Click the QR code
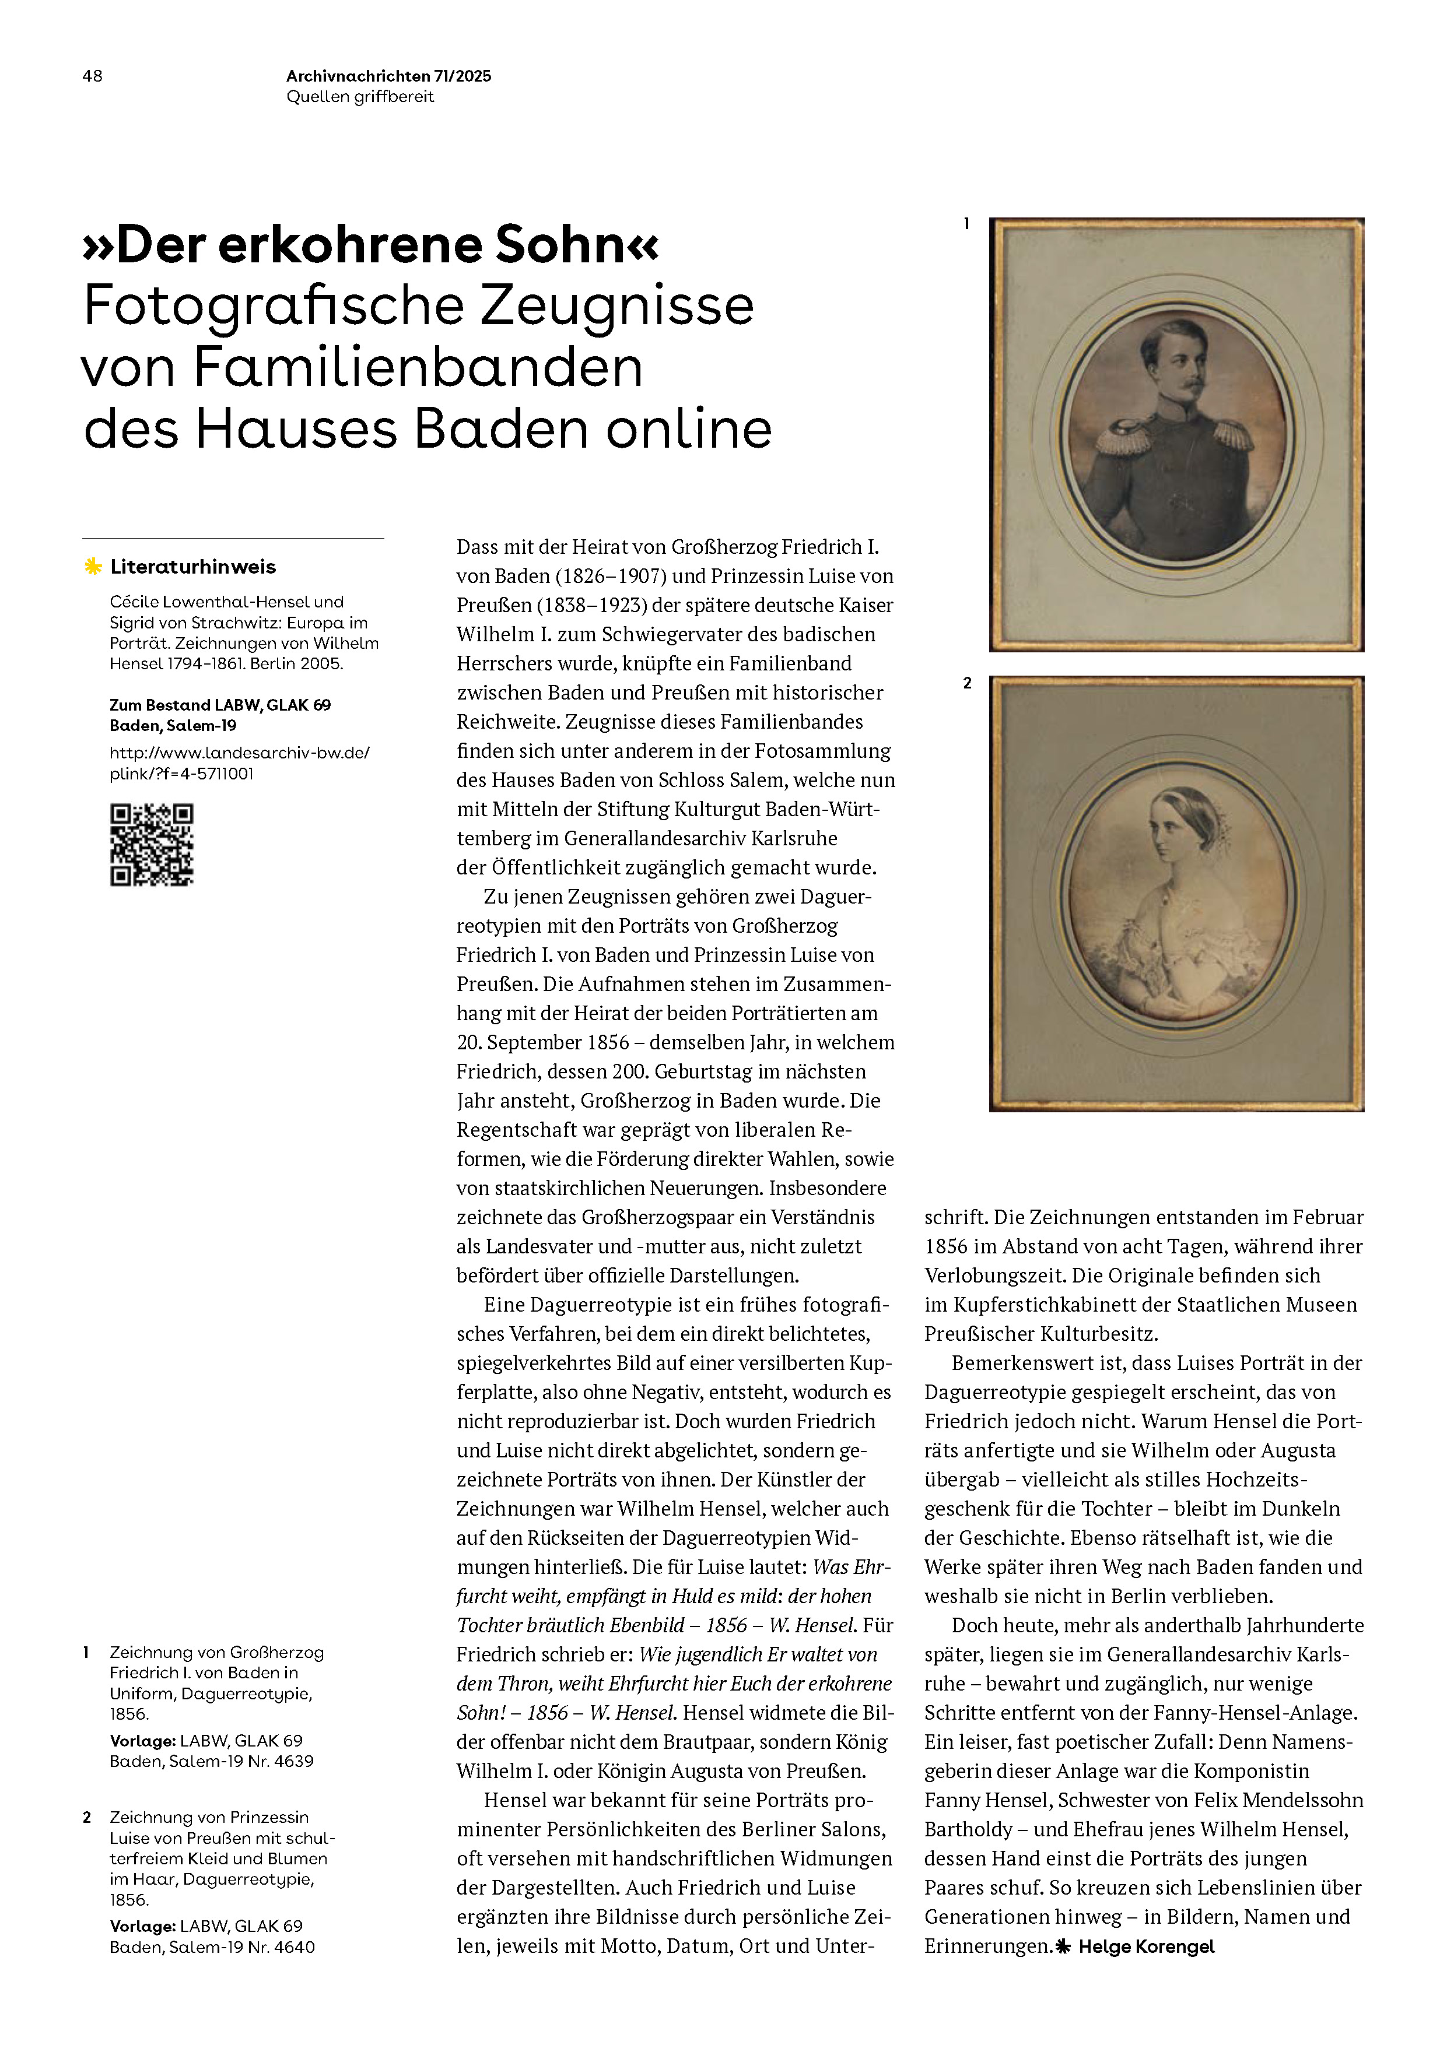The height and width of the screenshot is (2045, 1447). [152, 844]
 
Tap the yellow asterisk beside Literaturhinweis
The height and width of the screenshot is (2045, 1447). [93, 567]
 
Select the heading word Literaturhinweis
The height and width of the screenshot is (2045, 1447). [194, 567]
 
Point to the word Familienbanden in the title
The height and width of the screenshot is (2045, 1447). [418, 367]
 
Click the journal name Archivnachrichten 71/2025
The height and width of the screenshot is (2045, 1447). [388, 76]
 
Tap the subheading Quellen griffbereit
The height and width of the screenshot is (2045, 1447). [360, 97]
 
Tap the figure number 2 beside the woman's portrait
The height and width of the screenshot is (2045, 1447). [968, 683]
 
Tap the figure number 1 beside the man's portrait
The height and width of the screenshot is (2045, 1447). [967, 224]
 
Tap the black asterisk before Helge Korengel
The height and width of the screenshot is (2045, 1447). [1063, 1947]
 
